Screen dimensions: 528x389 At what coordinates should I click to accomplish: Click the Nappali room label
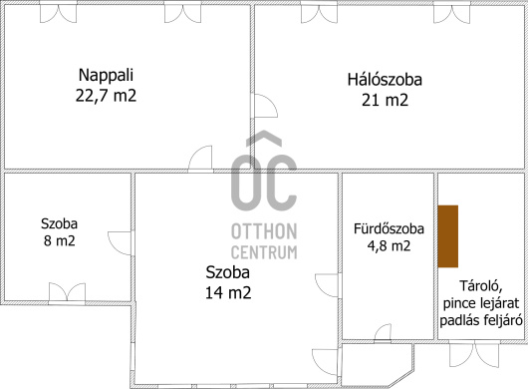(106, 76)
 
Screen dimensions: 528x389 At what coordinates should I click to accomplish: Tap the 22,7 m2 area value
(106, 96)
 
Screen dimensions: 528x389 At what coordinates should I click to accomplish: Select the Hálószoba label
(385, 80)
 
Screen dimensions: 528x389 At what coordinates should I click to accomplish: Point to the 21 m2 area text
(385, 100)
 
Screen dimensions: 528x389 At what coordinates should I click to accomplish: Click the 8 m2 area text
(59, 241)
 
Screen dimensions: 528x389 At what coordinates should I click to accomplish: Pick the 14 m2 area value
(228, 292)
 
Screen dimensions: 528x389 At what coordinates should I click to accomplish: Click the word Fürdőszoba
(389, 228)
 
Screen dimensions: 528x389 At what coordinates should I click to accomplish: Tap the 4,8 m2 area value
(389, 246)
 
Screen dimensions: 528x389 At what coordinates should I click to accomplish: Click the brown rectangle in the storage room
(448, 236)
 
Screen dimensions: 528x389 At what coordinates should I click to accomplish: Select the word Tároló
(481, 286)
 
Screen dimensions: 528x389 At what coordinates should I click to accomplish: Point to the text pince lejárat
(481, 303)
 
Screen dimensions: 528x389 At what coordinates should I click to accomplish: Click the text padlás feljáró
(481, 320)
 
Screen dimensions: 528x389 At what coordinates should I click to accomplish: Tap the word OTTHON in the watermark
(264, 231)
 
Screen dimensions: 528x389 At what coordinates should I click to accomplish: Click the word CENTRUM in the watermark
(264, 252)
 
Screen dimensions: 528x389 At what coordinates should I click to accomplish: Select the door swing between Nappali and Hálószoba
(265, 106)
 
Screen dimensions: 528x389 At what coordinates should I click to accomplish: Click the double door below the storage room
(475, 353)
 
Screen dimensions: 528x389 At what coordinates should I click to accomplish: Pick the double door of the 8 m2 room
(67, 292)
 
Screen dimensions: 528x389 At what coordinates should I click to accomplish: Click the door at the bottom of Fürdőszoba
(383, 332)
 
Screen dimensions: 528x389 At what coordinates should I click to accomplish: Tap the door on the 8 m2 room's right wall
(120, 243)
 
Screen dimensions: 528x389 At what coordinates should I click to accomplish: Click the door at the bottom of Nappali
(200, 158)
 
